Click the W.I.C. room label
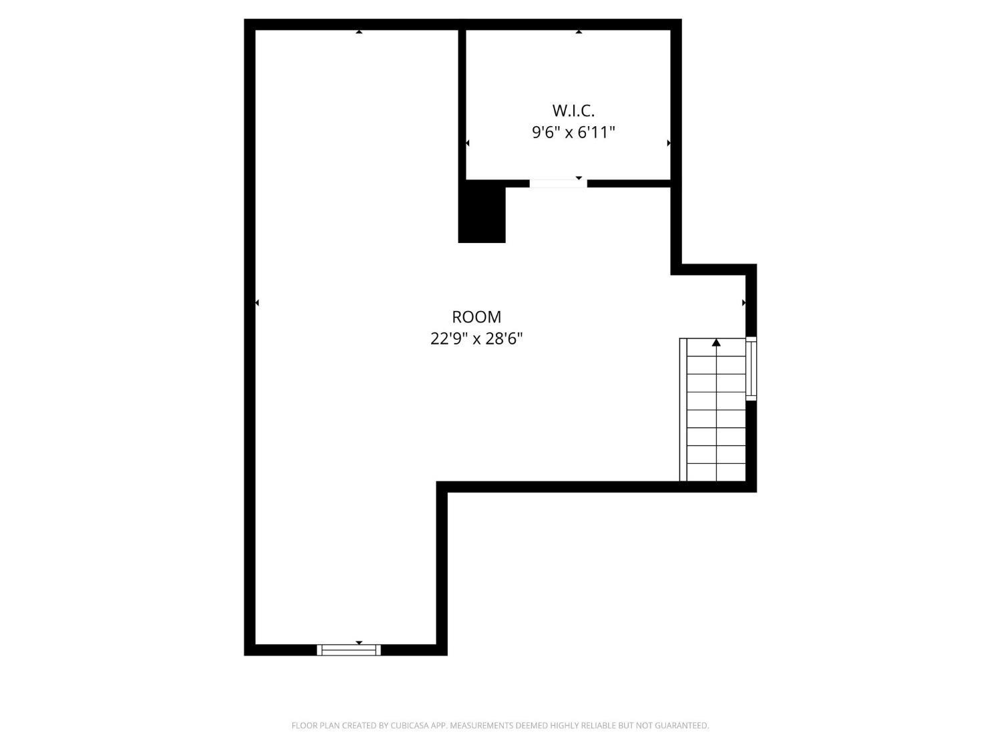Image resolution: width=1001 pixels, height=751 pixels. point(573,111)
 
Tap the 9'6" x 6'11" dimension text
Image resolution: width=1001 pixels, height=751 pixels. point(573,133)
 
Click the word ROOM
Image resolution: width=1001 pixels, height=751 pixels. point(476,317)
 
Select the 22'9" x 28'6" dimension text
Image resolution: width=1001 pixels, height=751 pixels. point(476,339)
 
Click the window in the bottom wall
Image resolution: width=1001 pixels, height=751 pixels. point(349,650)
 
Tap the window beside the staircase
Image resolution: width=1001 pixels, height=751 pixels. point(751,368)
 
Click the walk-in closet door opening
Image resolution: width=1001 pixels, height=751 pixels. point(558,184)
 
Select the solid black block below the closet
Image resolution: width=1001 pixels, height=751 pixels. point(482,211)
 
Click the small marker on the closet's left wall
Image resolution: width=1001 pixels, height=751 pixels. point(467,143)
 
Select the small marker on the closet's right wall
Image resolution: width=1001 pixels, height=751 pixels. point(669,143)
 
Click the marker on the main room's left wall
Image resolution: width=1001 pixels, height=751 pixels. point(257,303)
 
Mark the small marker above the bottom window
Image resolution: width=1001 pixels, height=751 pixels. point(359,642)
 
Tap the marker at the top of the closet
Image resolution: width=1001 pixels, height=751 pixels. point(579,32)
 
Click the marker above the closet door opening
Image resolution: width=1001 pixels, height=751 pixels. point(579,178)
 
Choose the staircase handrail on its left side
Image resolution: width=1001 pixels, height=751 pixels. point(683,409)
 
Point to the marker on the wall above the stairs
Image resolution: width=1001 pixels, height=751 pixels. point(744,303)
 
